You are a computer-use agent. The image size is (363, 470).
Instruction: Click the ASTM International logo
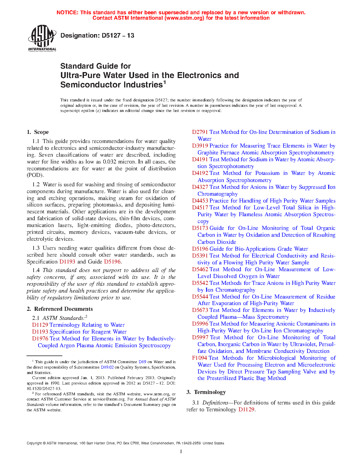42,38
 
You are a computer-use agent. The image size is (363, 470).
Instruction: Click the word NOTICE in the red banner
67,13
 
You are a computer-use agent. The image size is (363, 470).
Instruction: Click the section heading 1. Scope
38,132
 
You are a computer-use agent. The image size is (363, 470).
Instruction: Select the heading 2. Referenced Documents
60,309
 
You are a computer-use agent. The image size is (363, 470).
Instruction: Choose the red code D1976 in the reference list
40,339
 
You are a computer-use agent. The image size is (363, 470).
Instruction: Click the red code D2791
200,132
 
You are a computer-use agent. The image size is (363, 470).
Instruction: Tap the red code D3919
200,146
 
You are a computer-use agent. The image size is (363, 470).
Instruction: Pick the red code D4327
200,187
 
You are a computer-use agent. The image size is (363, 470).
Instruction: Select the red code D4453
200,201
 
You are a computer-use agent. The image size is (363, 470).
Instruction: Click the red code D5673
200,310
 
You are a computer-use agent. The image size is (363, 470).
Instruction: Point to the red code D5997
200,338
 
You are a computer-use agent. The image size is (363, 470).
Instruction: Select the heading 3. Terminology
206,392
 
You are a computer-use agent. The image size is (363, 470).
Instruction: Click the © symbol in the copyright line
44,443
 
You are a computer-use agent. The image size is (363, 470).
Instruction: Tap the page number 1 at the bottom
181,451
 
